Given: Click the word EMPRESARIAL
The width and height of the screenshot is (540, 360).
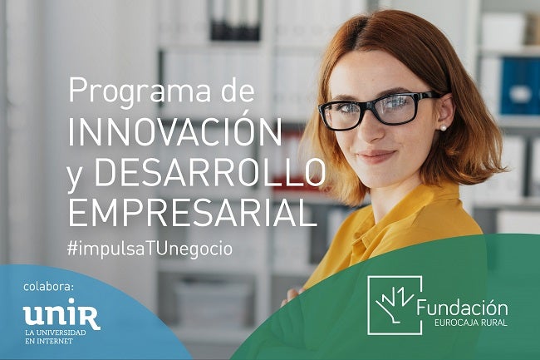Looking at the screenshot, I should pyautogui.click(x=192, y=212).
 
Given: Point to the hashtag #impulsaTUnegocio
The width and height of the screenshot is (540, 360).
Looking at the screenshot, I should pyautogui.click(x=150, y=248).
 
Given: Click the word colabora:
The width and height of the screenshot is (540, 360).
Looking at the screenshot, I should pyautogui.click(x=49, y=288).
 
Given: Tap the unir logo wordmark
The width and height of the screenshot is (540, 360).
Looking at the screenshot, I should pyautogui.click(x=61, y=315).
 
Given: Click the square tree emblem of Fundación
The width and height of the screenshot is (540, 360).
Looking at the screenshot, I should pyautogui.click(x=394, y=304).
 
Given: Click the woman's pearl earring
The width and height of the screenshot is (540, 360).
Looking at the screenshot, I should pyautogui.click(x=443, y=127).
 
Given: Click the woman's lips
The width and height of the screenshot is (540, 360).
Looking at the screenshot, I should pyautogui.click(x=376, y=155).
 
